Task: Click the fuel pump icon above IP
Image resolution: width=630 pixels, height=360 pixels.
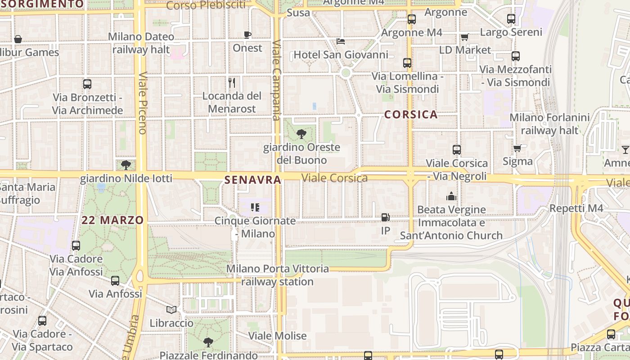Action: pyautogui.click(x=385, y=218)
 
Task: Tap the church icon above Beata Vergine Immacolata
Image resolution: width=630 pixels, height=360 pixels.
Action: pyautogui.click(x=451, y=197)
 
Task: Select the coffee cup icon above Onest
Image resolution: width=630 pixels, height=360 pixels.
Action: pyautogui.click(x=247, y=35)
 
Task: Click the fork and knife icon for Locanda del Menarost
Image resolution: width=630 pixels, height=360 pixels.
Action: pyautogui.click(x=232, y=83)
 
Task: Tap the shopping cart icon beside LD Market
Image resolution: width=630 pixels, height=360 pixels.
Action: pyautogui.click(x=464, y=37)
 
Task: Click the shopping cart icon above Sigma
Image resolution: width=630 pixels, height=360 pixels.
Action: pyautogui.click(x=517, y=148)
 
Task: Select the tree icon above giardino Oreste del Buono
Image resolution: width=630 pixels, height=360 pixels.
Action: pyautogui.click(x=301, y=134)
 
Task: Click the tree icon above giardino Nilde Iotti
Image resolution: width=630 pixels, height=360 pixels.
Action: pyautogui.click(x=126, y=165)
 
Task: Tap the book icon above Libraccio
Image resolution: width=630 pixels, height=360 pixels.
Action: pyautogui.click(x=171, y=310)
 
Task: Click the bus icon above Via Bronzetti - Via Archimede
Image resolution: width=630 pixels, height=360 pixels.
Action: pyautogui.click(x=87, y=84)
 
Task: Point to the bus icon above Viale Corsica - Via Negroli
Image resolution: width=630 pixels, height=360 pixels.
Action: pyautogui.click(x=457, y=150)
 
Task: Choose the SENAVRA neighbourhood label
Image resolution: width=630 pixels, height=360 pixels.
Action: pyautogui.click(x=252, y=180)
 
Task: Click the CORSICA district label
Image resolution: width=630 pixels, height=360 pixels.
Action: pyautogui.click(x=411, y=114)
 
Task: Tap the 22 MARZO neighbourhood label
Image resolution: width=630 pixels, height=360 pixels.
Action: pyautogui.click(x=112, y=220)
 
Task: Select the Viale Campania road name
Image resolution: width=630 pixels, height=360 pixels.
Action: pyautogui.click(x=276, y=81)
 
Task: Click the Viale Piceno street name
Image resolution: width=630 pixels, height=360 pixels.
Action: pyautogui.click(x=143, y=103)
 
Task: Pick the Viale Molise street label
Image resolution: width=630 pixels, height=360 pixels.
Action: pyautogui.click(x=278, y=336)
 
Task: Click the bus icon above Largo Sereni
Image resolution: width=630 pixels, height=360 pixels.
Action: pyautogui.click(x=511, y=19)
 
